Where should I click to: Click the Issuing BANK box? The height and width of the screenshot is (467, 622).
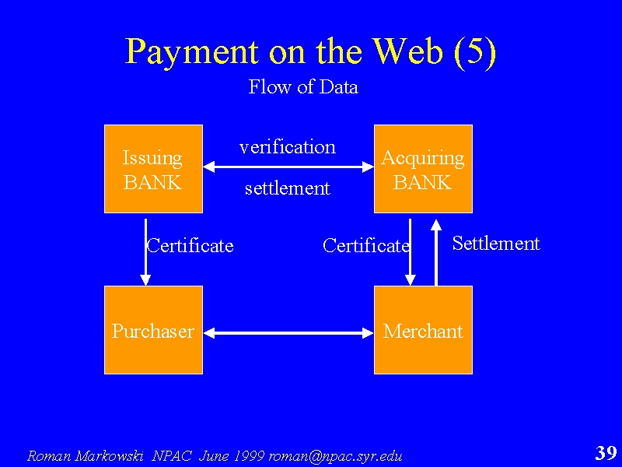click(153, 169)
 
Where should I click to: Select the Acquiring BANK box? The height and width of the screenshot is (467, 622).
click(423, 169)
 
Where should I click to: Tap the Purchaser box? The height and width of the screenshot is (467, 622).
click(153, 330)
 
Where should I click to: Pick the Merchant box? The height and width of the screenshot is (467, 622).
click(423, 330)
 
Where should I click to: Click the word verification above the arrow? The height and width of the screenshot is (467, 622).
click(288, 147)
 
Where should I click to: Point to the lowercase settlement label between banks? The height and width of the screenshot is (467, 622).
click(288, 188)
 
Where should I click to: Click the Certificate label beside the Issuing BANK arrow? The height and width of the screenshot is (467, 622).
click(190, 245)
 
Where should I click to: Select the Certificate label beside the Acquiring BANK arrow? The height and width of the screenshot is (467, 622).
click(365, 245)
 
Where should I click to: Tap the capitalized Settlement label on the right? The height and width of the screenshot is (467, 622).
click(496, 243)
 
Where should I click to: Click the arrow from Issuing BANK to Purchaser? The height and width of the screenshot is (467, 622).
click(145, 252)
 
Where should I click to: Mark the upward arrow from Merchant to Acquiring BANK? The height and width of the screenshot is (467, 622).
click(436, 252)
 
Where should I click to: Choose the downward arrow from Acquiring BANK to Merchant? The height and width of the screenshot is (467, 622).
click(410, 252)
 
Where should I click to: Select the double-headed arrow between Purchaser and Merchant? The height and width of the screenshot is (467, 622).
click(288, 333)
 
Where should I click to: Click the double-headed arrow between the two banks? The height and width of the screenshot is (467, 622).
click(288, 167)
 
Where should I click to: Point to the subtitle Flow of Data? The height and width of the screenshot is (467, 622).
click(303, 86)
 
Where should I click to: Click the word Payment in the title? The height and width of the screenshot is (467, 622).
click(192, 52)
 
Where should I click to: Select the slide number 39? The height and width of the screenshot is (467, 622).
click(606, 452)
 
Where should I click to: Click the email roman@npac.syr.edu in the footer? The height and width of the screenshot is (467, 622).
click(336, 456)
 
